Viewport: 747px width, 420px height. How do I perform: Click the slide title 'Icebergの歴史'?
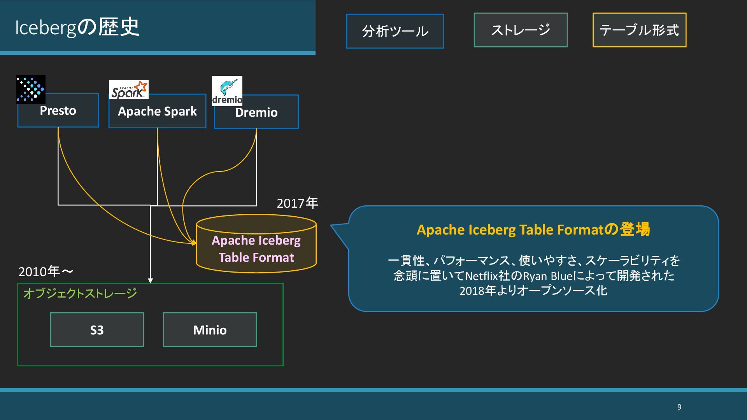77,27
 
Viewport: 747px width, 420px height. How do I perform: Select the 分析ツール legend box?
395,31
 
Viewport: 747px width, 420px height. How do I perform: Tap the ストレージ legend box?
521,30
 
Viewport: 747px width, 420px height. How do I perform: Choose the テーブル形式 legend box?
639,30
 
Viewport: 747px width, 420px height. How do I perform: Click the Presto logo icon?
31,89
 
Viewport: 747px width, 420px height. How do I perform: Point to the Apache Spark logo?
129,90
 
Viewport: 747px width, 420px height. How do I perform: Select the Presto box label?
58,111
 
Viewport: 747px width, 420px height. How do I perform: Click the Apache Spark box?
157,112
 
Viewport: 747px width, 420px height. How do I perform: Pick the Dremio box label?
256,113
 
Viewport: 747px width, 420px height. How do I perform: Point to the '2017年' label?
297,203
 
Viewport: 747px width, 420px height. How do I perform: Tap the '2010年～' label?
46,271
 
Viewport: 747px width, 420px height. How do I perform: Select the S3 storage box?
97,330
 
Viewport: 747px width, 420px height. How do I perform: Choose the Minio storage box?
210,330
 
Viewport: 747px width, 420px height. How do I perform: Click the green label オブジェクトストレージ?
80,293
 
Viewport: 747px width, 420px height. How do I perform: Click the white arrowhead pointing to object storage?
151,280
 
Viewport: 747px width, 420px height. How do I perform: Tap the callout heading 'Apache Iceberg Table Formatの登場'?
533,229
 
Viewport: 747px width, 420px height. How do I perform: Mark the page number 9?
679,407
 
